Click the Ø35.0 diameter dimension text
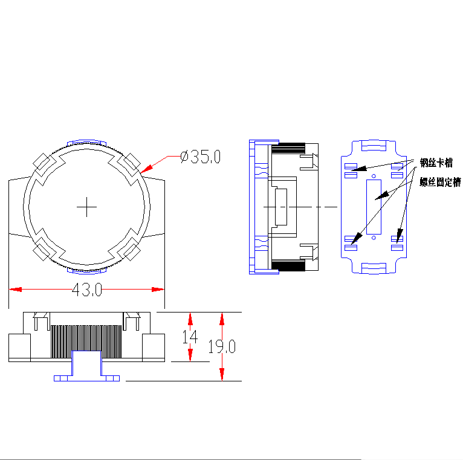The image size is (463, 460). (x=201, y=157)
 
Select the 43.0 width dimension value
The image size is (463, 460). (x=86, y=290)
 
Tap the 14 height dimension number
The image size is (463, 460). (x=190, y=337)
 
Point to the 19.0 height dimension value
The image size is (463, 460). (x=222, y=346)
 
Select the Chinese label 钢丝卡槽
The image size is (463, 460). (x=436, y=163)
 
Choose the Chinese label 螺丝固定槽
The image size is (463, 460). (x=439, y=182)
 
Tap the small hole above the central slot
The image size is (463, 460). (x=374, y=175)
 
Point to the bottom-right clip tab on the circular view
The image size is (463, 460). (x=130, y=249)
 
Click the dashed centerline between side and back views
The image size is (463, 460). (x=326, y=207)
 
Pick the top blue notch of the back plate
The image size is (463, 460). (x=374, y=146)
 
